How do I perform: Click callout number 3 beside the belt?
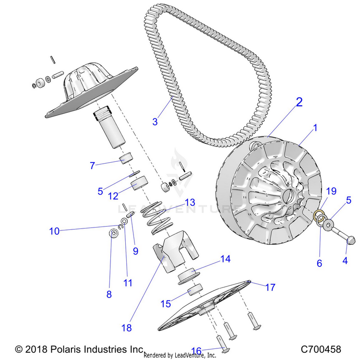155,122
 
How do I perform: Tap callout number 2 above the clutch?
299,102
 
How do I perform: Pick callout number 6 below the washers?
319,263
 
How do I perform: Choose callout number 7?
92,166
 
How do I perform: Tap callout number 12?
113,196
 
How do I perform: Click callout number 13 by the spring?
177,202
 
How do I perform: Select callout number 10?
55,231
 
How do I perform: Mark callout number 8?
109,294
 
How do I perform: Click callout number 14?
225,259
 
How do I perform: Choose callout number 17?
270,288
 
